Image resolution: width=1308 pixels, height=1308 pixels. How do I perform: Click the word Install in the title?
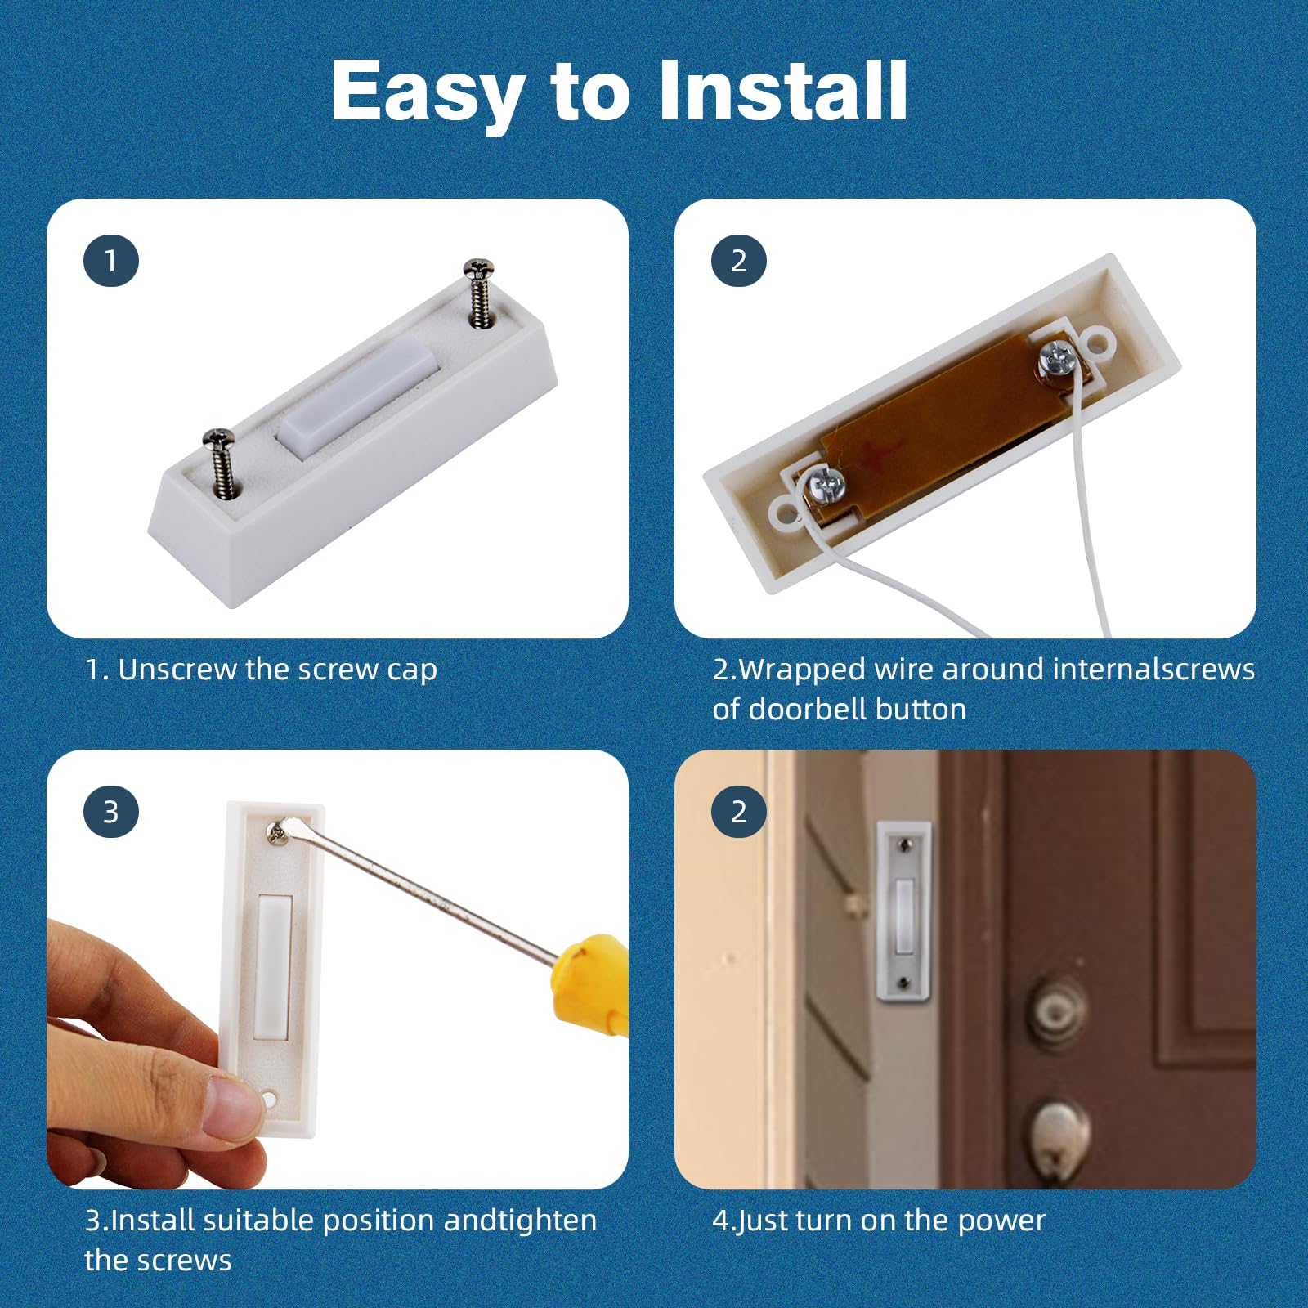tap(782, 92)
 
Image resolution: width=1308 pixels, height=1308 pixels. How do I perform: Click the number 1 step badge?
tap(111, 261)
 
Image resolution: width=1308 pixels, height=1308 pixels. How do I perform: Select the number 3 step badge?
tap(111, 812)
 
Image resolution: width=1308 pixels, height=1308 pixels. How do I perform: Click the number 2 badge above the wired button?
tap(739, 261)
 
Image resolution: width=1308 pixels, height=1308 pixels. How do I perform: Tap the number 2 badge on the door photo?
tap(739, 812)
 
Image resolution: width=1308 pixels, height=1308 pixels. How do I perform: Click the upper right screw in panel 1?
tap(479, 290)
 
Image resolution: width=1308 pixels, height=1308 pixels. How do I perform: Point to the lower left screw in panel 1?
tap(221, 459)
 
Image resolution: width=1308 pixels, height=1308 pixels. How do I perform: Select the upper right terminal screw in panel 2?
tap(1056, 359)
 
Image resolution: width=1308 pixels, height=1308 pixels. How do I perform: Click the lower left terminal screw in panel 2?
tap(826, 486)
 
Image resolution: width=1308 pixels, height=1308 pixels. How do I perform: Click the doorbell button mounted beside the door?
tap(904, 912)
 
